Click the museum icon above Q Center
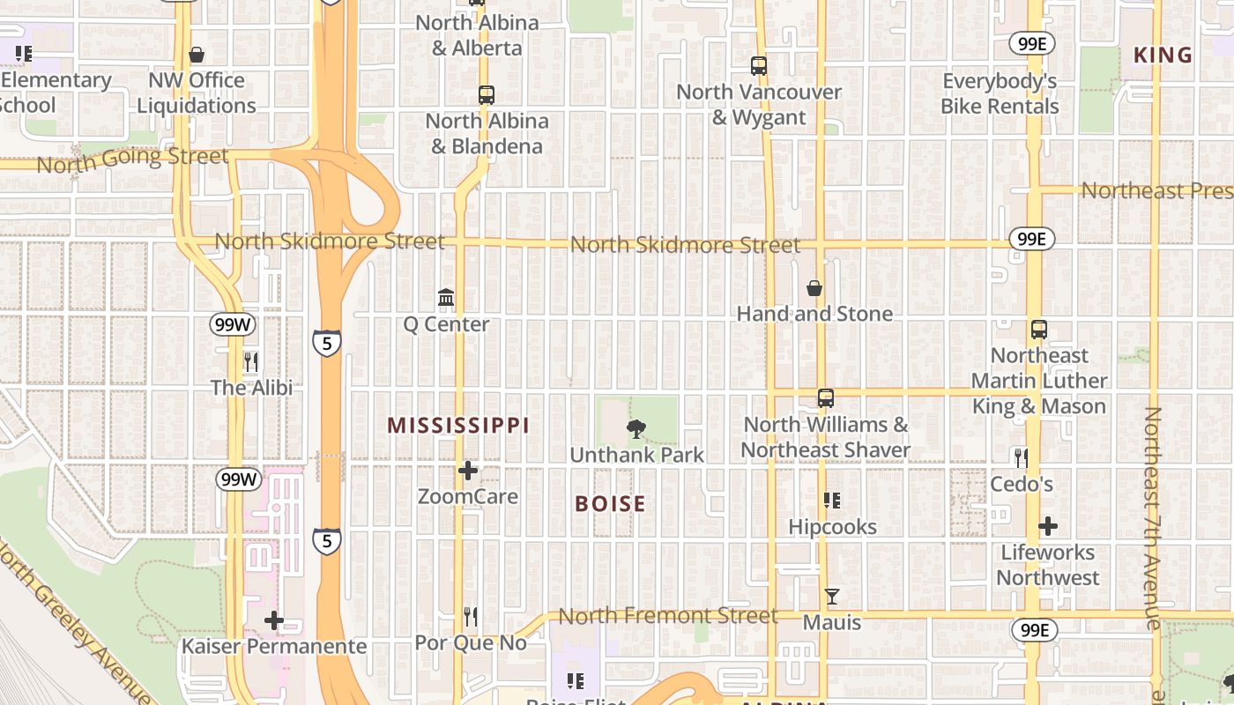[446, 298]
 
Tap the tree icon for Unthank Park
[636, 429]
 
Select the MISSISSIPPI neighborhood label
[458, 426]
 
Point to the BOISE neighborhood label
[610, 504]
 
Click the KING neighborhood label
[1163, 56]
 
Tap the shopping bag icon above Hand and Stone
[814, 288]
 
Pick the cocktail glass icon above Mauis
[831, 597]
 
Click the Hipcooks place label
[832, 527]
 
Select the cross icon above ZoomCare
[468, 471]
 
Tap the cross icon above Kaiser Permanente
[274, 620]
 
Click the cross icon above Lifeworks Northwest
[1047, 527]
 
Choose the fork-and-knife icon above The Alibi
[251, 361]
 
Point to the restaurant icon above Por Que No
[471, 617]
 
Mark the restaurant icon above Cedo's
[1021, 458]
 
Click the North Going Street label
[132, 160]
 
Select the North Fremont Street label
[668, 615]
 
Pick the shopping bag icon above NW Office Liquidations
[197, 55]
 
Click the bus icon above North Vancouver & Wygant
[759, 65]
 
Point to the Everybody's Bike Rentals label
[1000, 93]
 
